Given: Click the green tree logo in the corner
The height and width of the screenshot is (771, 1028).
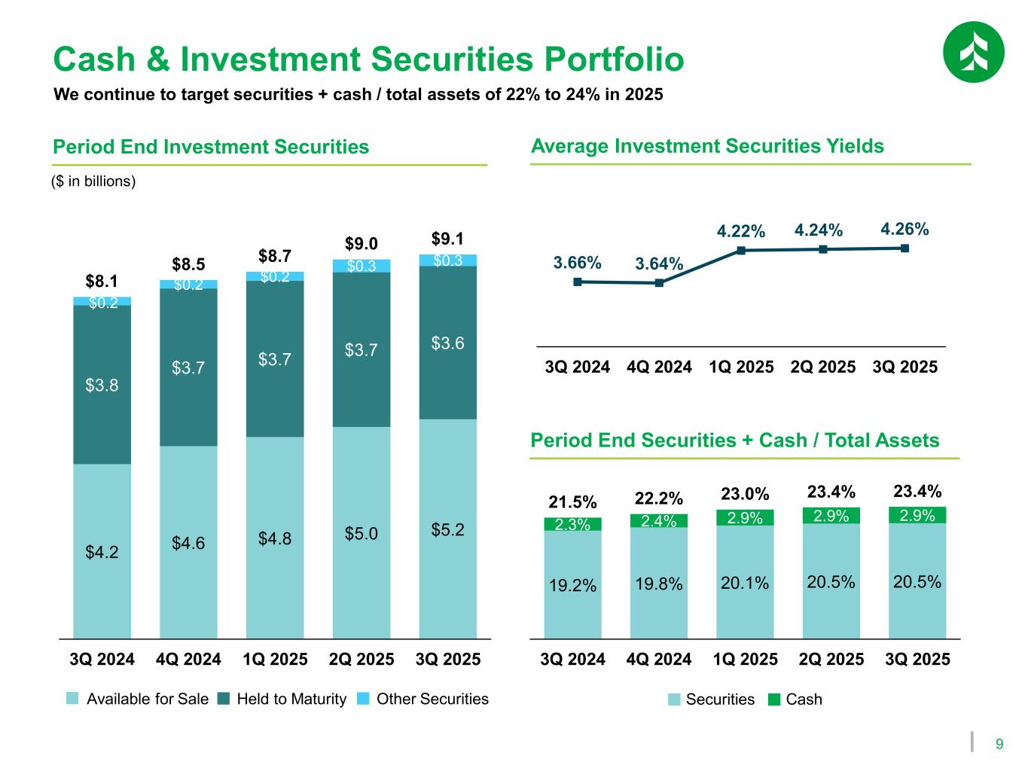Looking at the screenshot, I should [x=973, y=51].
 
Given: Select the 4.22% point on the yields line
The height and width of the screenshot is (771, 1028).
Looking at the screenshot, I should [x=741, y=251].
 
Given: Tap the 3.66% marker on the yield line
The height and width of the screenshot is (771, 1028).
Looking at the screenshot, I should [x=578, y=282].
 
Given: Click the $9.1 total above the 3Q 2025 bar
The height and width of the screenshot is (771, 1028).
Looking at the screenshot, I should [x=447, y=239].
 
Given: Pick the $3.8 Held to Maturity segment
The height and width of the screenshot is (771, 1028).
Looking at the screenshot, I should [x=102, y=385].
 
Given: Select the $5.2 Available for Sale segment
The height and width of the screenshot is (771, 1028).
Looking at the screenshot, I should [x=448, y=529].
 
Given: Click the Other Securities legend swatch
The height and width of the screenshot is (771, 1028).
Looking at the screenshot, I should [x=364, y=699].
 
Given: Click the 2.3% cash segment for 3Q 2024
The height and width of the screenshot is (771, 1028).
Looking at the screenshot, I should [x=572, y=524].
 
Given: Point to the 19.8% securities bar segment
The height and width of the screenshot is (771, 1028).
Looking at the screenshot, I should [x=659, y=584].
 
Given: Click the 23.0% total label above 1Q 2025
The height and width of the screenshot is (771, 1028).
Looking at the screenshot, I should [x=745, y=494].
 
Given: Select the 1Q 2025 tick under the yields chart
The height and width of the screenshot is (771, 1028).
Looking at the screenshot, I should [x=741, y=367].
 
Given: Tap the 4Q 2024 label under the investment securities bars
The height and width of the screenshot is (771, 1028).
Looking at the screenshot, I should [x=188, y=660].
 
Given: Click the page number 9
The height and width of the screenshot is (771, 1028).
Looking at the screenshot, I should [x=999, y=745].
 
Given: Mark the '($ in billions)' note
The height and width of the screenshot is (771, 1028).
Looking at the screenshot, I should [x=93, y=181].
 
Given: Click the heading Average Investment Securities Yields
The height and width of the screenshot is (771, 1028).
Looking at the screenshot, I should [x=707, y=146].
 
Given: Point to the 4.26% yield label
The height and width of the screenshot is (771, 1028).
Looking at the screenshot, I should [x=904, y=228].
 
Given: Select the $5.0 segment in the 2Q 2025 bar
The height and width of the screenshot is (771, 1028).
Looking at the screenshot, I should [x=361, y=534].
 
